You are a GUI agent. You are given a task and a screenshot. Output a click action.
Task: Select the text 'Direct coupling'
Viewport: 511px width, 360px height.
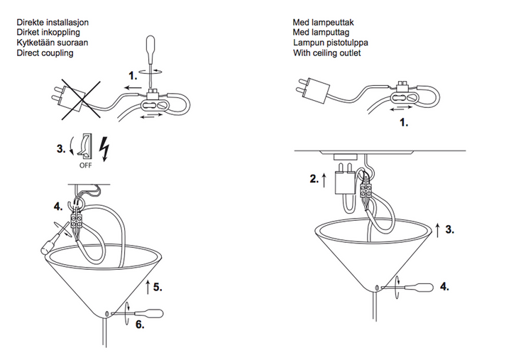pos(45,53)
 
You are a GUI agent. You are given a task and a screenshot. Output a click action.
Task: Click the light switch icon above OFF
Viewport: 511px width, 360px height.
pos(85,145)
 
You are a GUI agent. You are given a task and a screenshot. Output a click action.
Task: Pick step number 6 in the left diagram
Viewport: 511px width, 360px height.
pos(140,324)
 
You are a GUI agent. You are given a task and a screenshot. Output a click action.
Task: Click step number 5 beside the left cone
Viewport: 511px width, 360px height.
pos(158,288)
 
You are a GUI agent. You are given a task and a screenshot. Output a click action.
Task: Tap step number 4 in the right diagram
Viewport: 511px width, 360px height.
pos(444,287)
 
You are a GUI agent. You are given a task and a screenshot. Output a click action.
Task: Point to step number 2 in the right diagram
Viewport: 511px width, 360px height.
pos(314,180)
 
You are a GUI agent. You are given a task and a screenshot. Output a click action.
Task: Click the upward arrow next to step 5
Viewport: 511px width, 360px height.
pos(147,287)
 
